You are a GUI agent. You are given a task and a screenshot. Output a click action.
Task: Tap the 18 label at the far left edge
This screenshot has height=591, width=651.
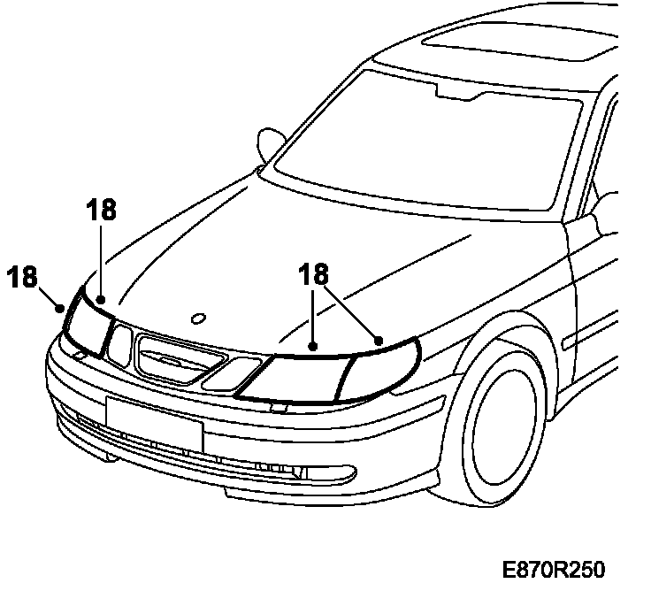24,276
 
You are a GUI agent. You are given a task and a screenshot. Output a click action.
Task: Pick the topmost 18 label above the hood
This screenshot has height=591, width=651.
102,210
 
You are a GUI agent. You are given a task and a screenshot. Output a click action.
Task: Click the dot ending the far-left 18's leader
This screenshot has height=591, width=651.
59,309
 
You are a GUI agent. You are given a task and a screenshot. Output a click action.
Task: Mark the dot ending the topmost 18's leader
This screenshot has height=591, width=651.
102,299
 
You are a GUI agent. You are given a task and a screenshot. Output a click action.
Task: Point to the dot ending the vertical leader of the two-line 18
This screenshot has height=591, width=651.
313,346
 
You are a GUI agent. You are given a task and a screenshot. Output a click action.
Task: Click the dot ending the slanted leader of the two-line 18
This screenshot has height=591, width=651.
379,340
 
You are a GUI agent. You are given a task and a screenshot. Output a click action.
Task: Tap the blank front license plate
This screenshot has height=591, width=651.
154,419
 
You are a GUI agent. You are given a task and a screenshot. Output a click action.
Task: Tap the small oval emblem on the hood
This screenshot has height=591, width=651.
198,317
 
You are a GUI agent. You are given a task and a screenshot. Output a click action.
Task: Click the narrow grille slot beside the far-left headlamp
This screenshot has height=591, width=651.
119,343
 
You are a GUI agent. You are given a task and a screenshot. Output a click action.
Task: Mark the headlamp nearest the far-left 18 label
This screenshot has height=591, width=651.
86,326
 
